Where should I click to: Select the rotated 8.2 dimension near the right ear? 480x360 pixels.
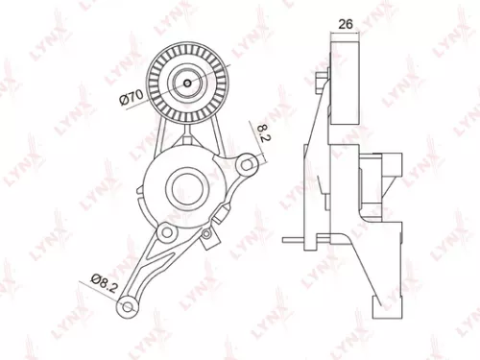pos(260,132)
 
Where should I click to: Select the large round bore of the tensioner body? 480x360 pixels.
pos(184,181)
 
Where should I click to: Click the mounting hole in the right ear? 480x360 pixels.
pos(249,164)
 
